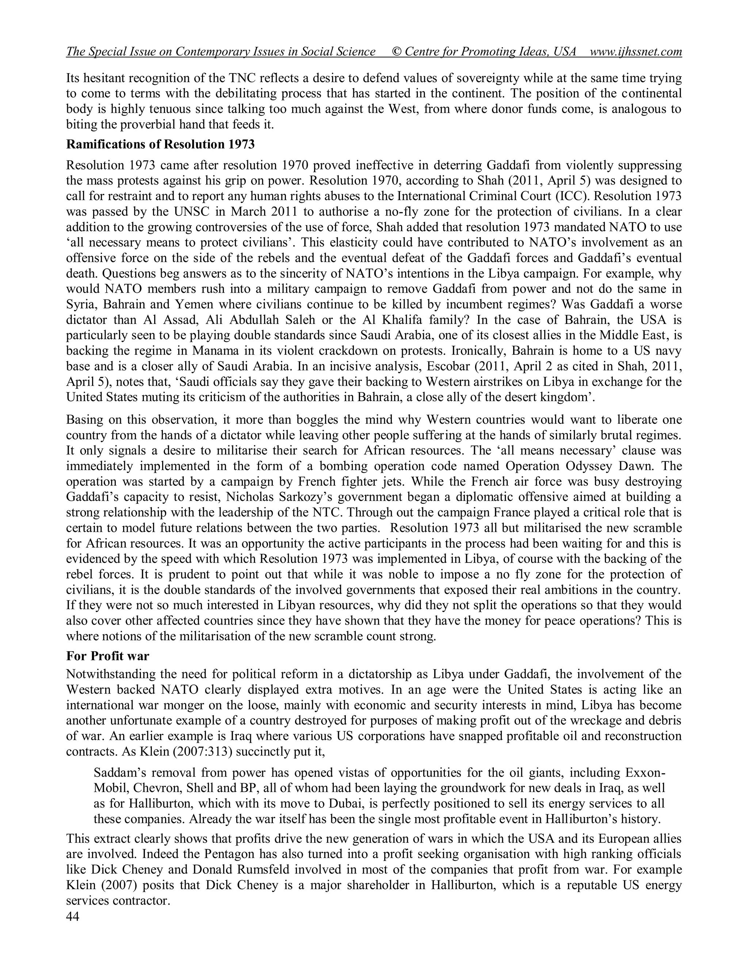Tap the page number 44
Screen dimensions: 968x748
(73, 916)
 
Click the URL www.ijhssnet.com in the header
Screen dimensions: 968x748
(636, 52)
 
